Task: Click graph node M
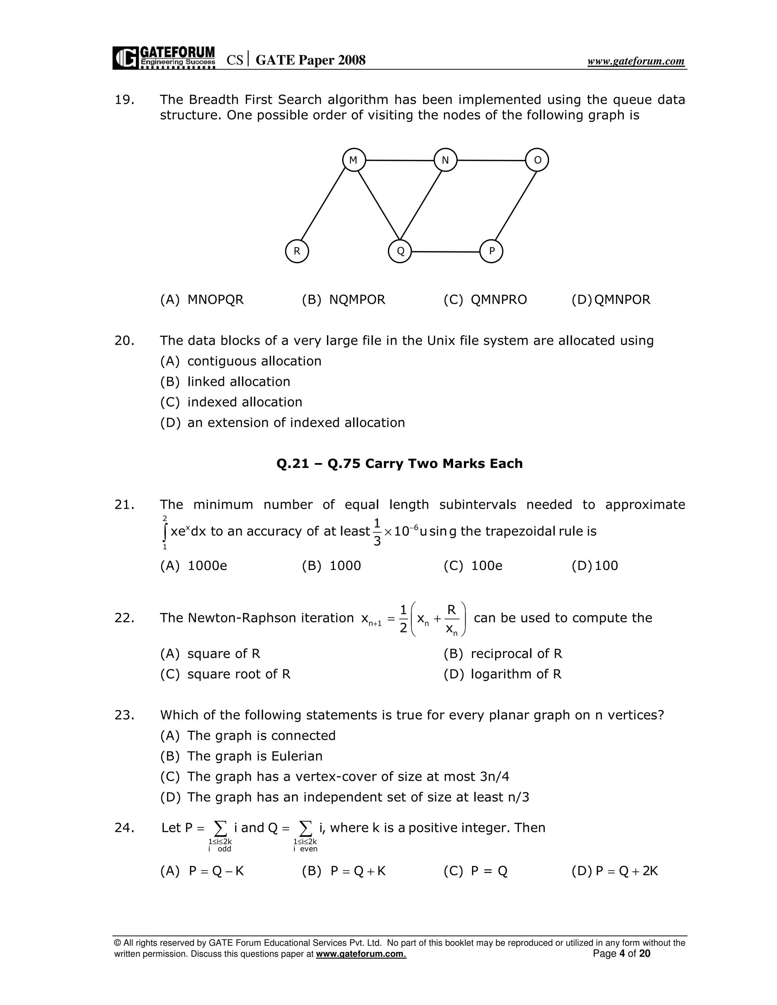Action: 354,160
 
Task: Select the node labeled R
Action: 297,251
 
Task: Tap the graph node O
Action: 537,160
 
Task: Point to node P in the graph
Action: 491,251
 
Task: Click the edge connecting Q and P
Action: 445,252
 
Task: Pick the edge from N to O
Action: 491,160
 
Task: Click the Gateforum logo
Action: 164,58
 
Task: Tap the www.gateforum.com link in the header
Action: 636,61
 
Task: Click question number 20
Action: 124,341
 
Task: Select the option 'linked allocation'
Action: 238,382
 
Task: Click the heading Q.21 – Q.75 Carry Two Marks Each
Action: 399,463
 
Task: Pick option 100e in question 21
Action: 486,565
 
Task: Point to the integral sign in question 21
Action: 165,532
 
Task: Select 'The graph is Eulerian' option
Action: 255,756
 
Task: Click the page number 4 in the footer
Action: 622,953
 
